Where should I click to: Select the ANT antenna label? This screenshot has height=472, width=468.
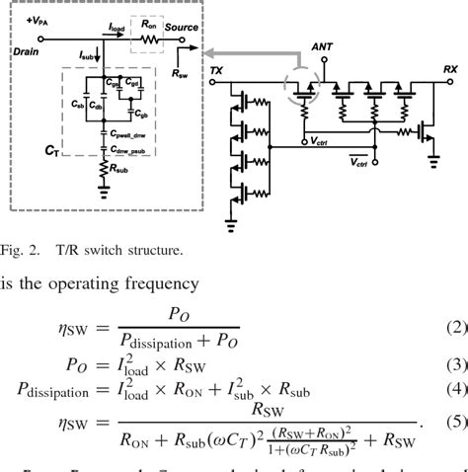322,45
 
